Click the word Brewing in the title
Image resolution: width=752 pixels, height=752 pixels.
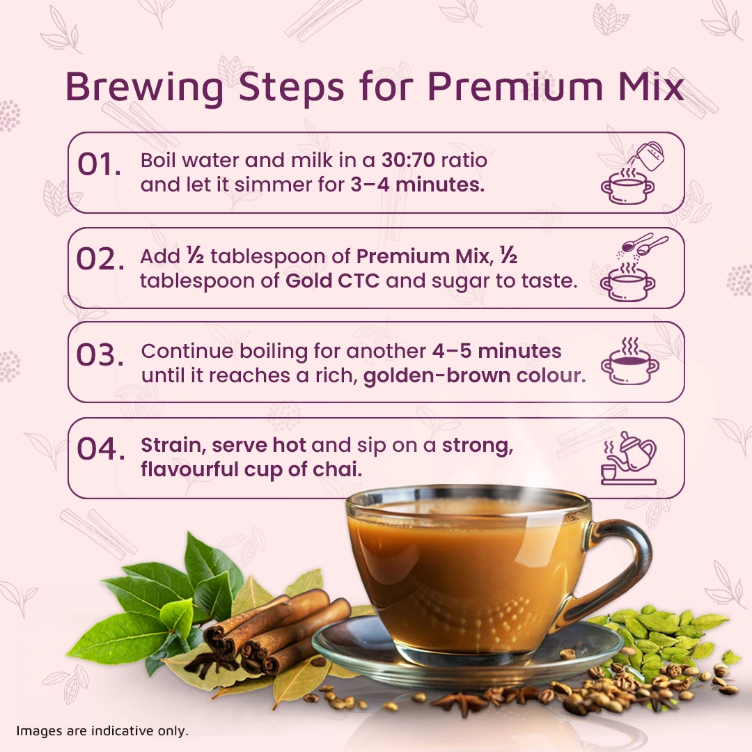pyautogui.click(x=144, y=88)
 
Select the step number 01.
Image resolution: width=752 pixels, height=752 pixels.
pyautogui.click(x=100, y=164)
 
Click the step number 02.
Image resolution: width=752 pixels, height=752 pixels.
pyautogui.click(x=100, y=260)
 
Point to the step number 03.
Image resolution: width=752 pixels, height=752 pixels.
pyautogui.click(x=100, y=355)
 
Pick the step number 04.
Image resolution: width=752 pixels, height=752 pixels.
pyautogui.click(x=101, y=449)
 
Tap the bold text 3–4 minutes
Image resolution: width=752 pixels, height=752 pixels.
pyautogui.click(x=417, y=185)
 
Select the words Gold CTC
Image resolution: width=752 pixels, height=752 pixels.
pyautogui.click(x=332, y=281)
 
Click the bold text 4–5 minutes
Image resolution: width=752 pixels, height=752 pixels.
pyautogui.click(x=496, y=351)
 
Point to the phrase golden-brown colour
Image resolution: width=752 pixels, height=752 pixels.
pyautogui.click(x=474, y=375)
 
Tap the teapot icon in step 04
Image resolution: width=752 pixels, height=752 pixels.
pyautogui.click(x=629, y=458)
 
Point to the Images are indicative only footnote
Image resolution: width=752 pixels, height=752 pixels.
pyautogui.click(x=102, y=731)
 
